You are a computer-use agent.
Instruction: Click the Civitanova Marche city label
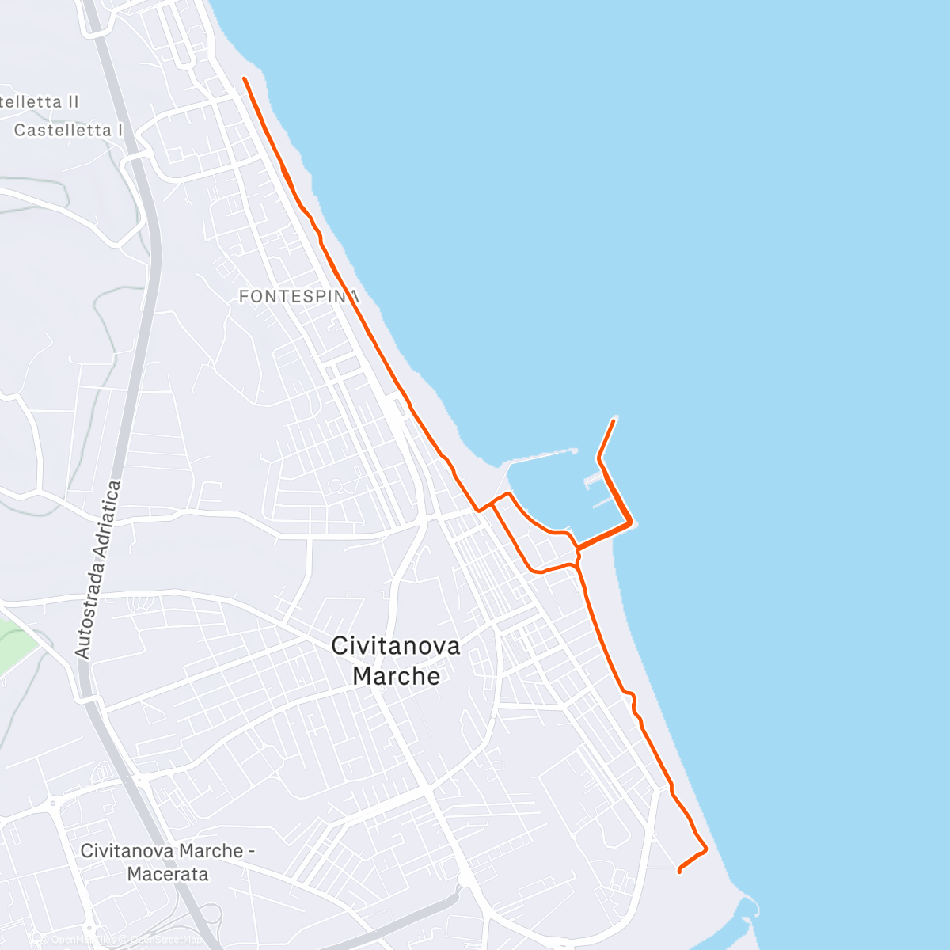[396, 660]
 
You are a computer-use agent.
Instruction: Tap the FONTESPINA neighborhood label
[298, 297]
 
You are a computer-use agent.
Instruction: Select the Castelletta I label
[69, 130]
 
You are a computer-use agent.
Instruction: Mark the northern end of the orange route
[244, 78]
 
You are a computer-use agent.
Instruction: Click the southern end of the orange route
[679, 872]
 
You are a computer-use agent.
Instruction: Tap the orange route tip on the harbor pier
[614, 420]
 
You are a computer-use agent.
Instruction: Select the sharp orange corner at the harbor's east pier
[630, 522]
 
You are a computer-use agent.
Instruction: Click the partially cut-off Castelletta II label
[40, 102]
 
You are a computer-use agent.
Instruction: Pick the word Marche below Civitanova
[396, 676]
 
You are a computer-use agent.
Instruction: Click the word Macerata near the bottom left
[168, 874]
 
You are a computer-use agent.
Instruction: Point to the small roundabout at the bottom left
[54, 804]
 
